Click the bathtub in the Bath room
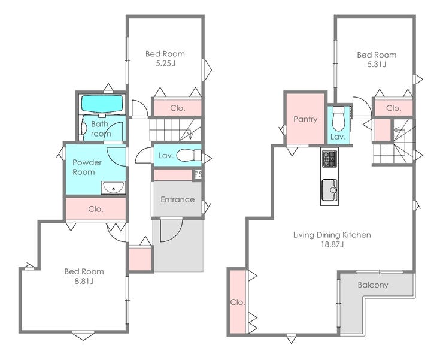[102, 104]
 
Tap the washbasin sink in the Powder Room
[113, 187]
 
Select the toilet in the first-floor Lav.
[189, 156]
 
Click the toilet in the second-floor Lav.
[338, 119]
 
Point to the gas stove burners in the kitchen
[329, 159]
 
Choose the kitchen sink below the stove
[329, 190]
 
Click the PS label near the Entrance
[198, 174]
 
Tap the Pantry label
[305, 119]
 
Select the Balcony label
[372, 285]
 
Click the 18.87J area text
[332, 244]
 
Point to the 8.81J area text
[84, 282]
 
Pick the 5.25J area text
[165, 63]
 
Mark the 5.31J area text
[377, 65]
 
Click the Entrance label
[178, 199]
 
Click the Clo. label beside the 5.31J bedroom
[393, 108]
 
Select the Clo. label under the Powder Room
[96, 209]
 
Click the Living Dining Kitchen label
[332, 235]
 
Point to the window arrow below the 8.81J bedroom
[83, 335]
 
